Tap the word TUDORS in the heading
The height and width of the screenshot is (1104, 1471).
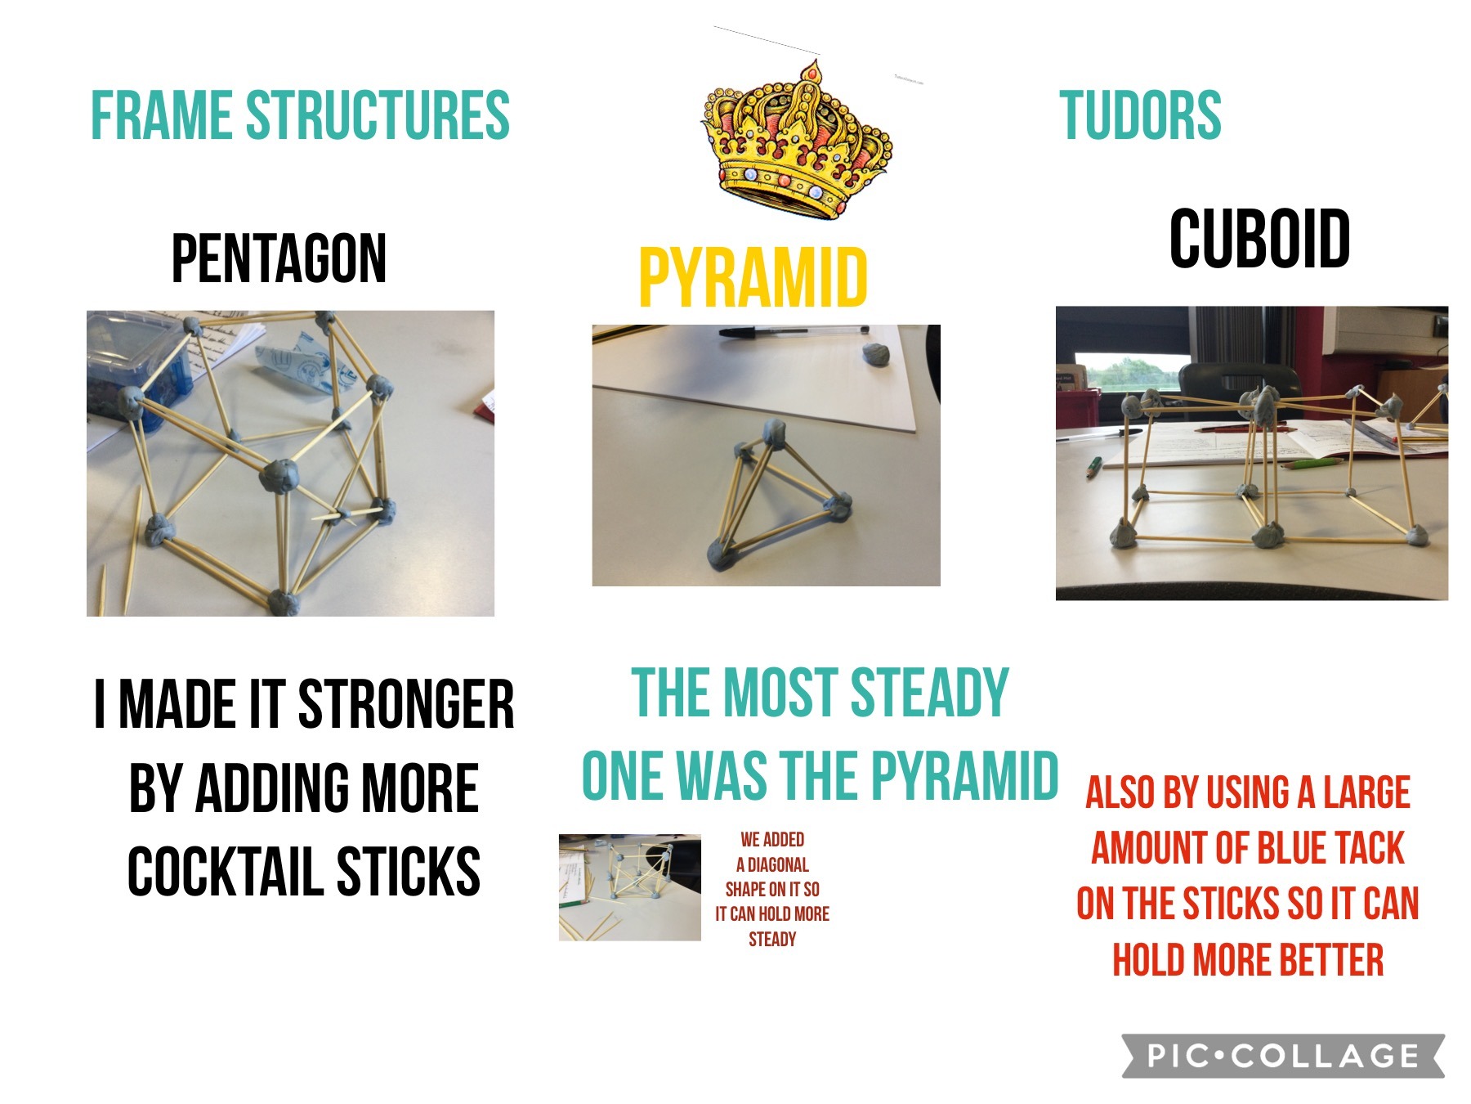pos(1140,115)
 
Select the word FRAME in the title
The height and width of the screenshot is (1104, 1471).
pos(162,115)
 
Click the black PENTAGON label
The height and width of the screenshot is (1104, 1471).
pos(279,258)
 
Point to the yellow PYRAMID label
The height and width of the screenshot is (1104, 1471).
pos(753,278)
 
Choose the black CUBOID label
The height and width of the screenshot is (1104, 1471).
pos(1259,238)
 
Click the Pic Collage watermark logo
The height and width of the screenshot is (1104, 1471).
pos(1283,1055)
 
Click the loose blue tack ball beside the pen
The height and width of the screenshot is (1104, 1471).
pos(876,354)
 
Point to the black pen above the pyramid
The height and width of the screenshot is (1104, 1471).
pos(793,332)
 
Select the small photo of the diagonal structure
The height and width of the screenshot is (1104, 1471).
pos(629,887)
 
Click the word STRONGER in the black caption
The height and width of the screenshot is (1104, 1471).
pos(406,704)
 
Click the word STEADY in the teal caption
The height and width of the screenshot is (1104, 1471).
pos(930,693)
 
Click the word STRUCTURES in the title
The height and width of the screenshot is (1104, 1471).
pos(378,115)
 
